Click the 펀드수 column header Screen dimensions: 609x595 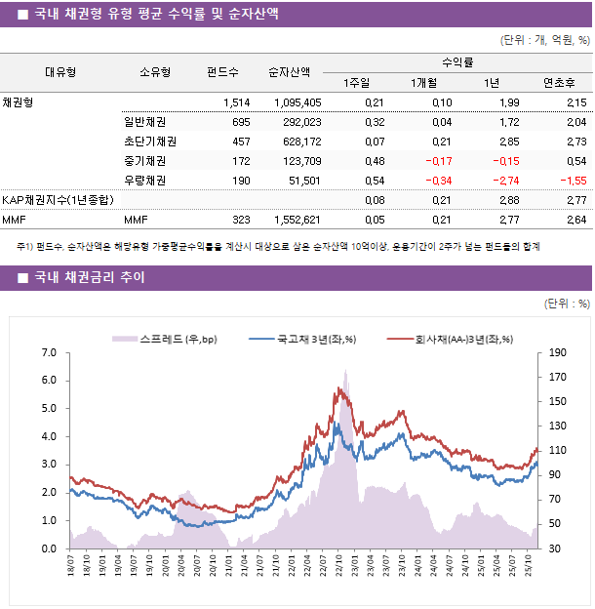222,71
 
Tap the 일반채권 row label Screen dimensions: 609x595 144,122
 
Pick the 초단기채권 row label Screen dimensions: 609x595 149,142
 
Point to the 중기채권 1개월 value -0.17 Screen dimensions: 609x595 435,161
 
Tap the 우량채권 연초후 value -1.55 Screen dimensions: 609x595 572,181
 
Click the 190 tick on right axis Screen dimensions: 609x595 557,352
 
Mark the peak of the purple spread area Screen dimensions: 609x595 344,370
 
